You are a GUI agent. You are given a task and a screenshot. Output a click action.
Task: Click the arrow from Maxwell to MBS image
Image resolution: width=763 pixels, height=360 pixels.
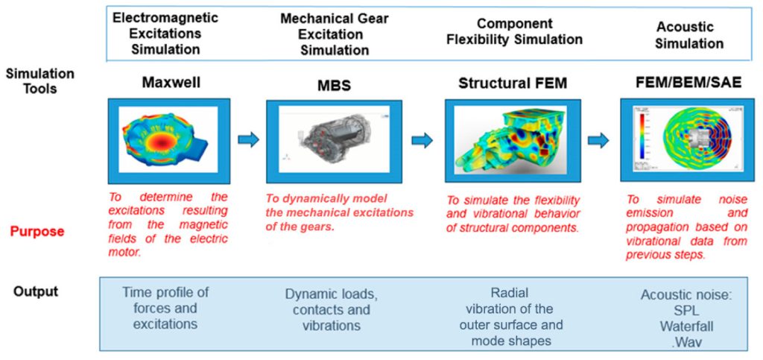tap(248, 139)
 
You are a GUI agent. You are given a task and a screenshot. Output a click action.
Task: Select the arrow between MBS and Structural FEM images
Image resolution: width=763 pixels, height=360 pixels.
tap(422, 139)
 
